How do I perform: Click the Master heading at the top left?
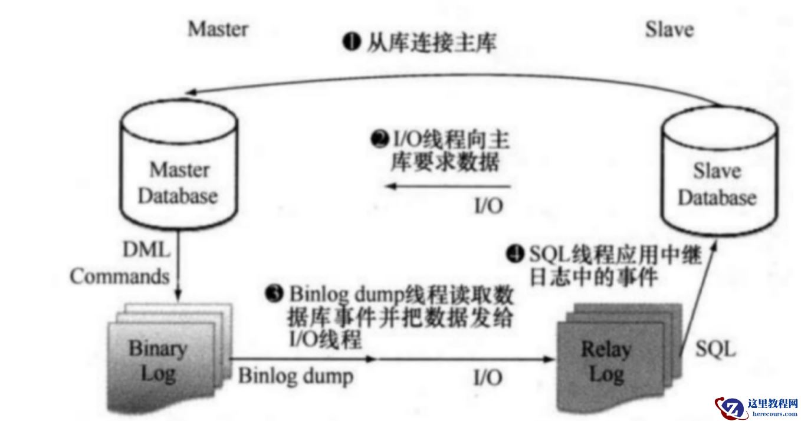click(218, 29)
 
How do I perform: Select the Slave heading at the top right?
click(669, 29)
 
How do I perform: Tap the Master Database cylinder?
click(178, 168)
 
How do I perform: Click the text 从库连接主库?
click(431, 43)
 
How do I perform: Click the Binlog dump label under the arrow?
click(296, 376)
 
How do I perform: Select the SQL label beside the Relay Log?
click(715, 350)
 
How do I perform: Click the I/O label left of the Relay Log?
click(488, 377)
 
